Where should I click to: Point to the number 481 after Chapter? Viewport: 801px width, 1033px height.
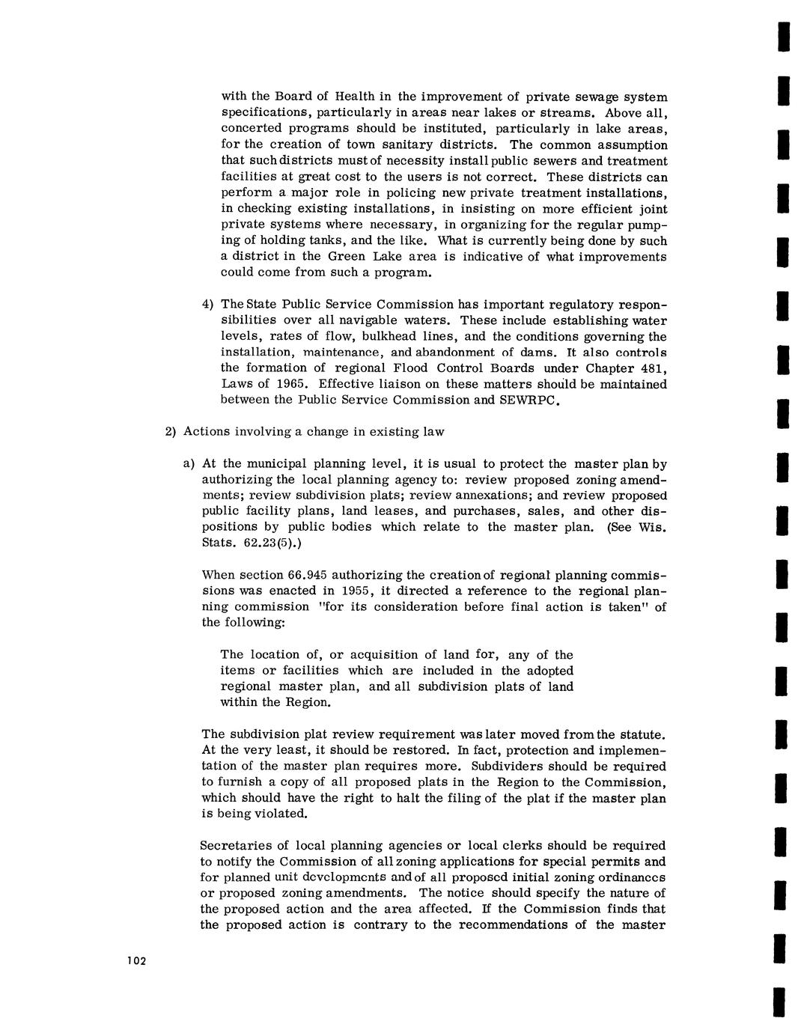point(649,368)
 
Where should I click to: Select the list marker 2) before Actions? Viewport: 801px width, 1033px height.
point(170,431)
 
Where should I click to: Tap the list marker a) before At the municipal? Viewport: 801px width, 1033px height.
point(189,463)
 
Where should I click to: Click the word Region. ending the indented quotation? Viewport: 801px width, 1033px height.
point(306,702)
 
